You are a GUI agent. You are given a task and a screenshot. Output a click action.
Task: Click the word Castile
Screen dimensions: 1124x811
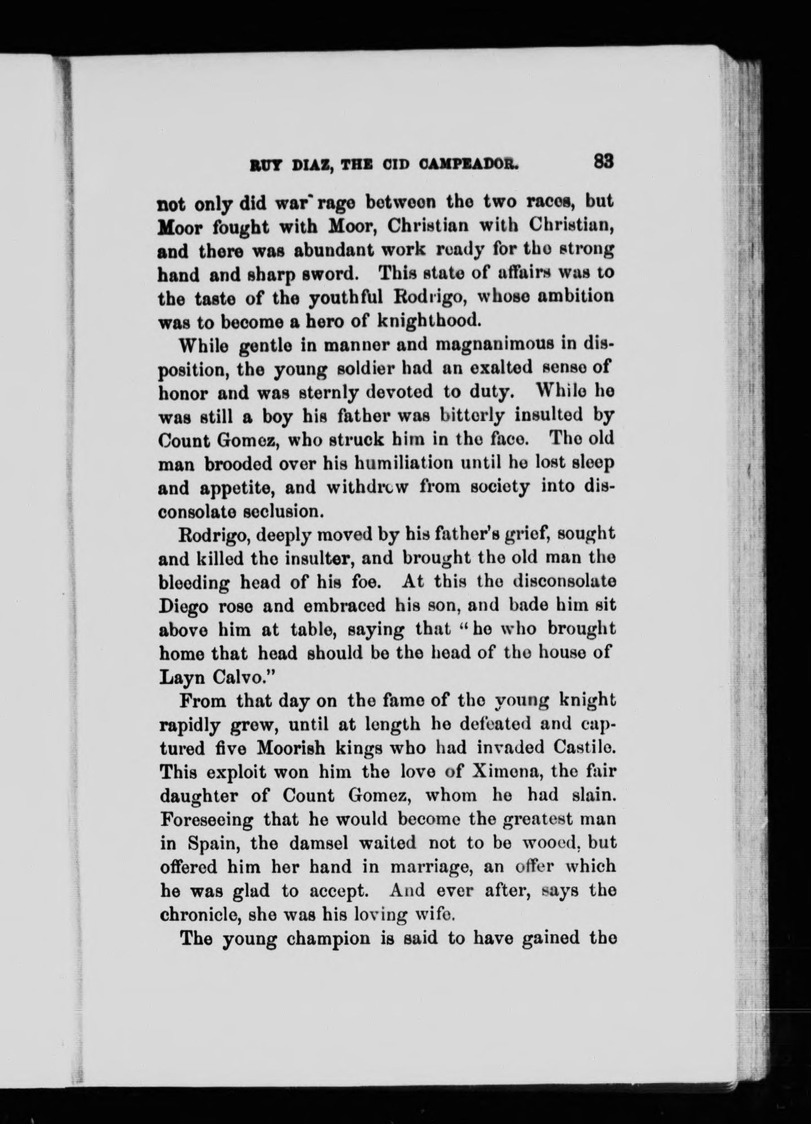pyautogui.click(x=583, y=748)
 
